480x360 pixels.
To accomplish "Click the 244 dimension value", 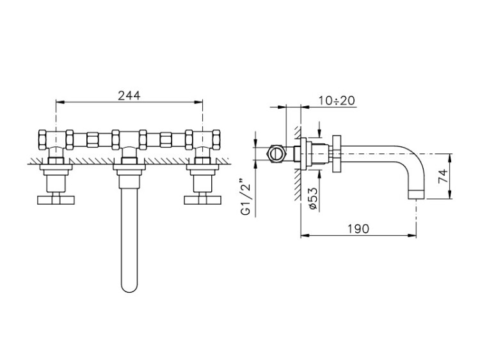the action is coord(129,95).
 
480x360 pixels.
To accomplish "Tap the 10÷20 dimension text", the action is coord(337,100).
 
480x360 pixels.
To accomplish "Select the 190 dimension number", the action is coord(358,228).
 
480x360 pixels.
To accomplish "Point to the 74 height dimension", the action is coord(443,176).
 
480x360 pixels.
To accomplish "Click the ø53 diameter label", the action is coord(313,199).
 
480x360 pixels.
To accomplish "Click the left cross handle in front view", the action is coord(56,200).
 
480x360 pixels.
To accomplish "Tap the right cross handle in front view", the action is coord(202,200).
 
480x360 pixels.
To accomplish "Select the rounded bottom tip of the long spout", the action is coord(129,289).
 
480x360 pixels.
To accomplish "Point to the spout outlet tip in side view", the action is coord(417,194).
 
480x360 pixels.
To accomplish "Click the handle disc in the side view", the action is coord(336,153).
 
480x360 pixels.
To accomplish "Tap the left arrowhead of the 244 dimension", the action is coord(59,102).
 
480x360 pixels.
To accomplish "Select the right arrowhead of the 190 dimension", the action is coord(413,235).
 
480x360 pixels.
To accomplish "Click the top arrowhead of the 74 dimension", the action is coord(450,157).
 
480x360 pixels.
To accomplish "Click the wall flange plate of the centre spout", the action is coord(129,167).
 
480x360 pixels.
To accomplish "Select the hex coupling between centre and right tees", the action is coord(166,139).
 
